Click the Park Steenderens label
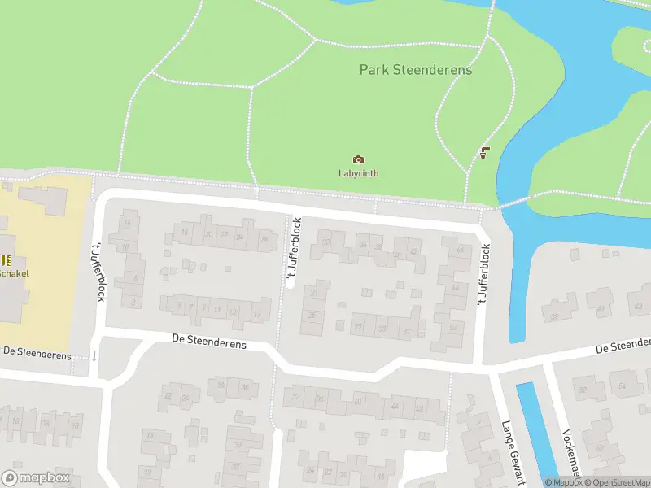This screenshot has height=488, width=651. (x=415, y=70)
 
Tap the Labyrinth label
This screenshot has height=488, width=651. (x=358, y=173)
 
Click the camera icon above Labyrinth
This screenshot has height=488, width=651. (x=358, y=160)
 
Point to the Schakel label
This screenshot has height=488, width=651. (x=14, y=273)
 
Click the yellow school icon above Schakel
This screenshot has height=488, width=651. (x=6, y=260)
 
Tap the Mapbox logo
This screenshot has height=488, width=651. (x=34, y=477)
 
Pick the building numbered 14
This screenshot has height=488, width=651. (x=127, y=223)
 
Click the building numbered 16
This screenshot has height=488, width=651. (x=186, y=233)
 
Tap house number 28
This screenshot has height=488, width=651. (x=263, y=239)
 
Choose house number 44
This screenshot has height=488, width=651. (x=461, y=250)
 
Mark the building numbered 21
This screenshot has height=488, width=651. (x=313, y=294)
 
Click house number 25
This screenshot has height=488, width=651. (x=312, y=316)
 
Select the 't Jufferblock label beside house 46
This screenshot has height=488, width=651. (x=483, y=275)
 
